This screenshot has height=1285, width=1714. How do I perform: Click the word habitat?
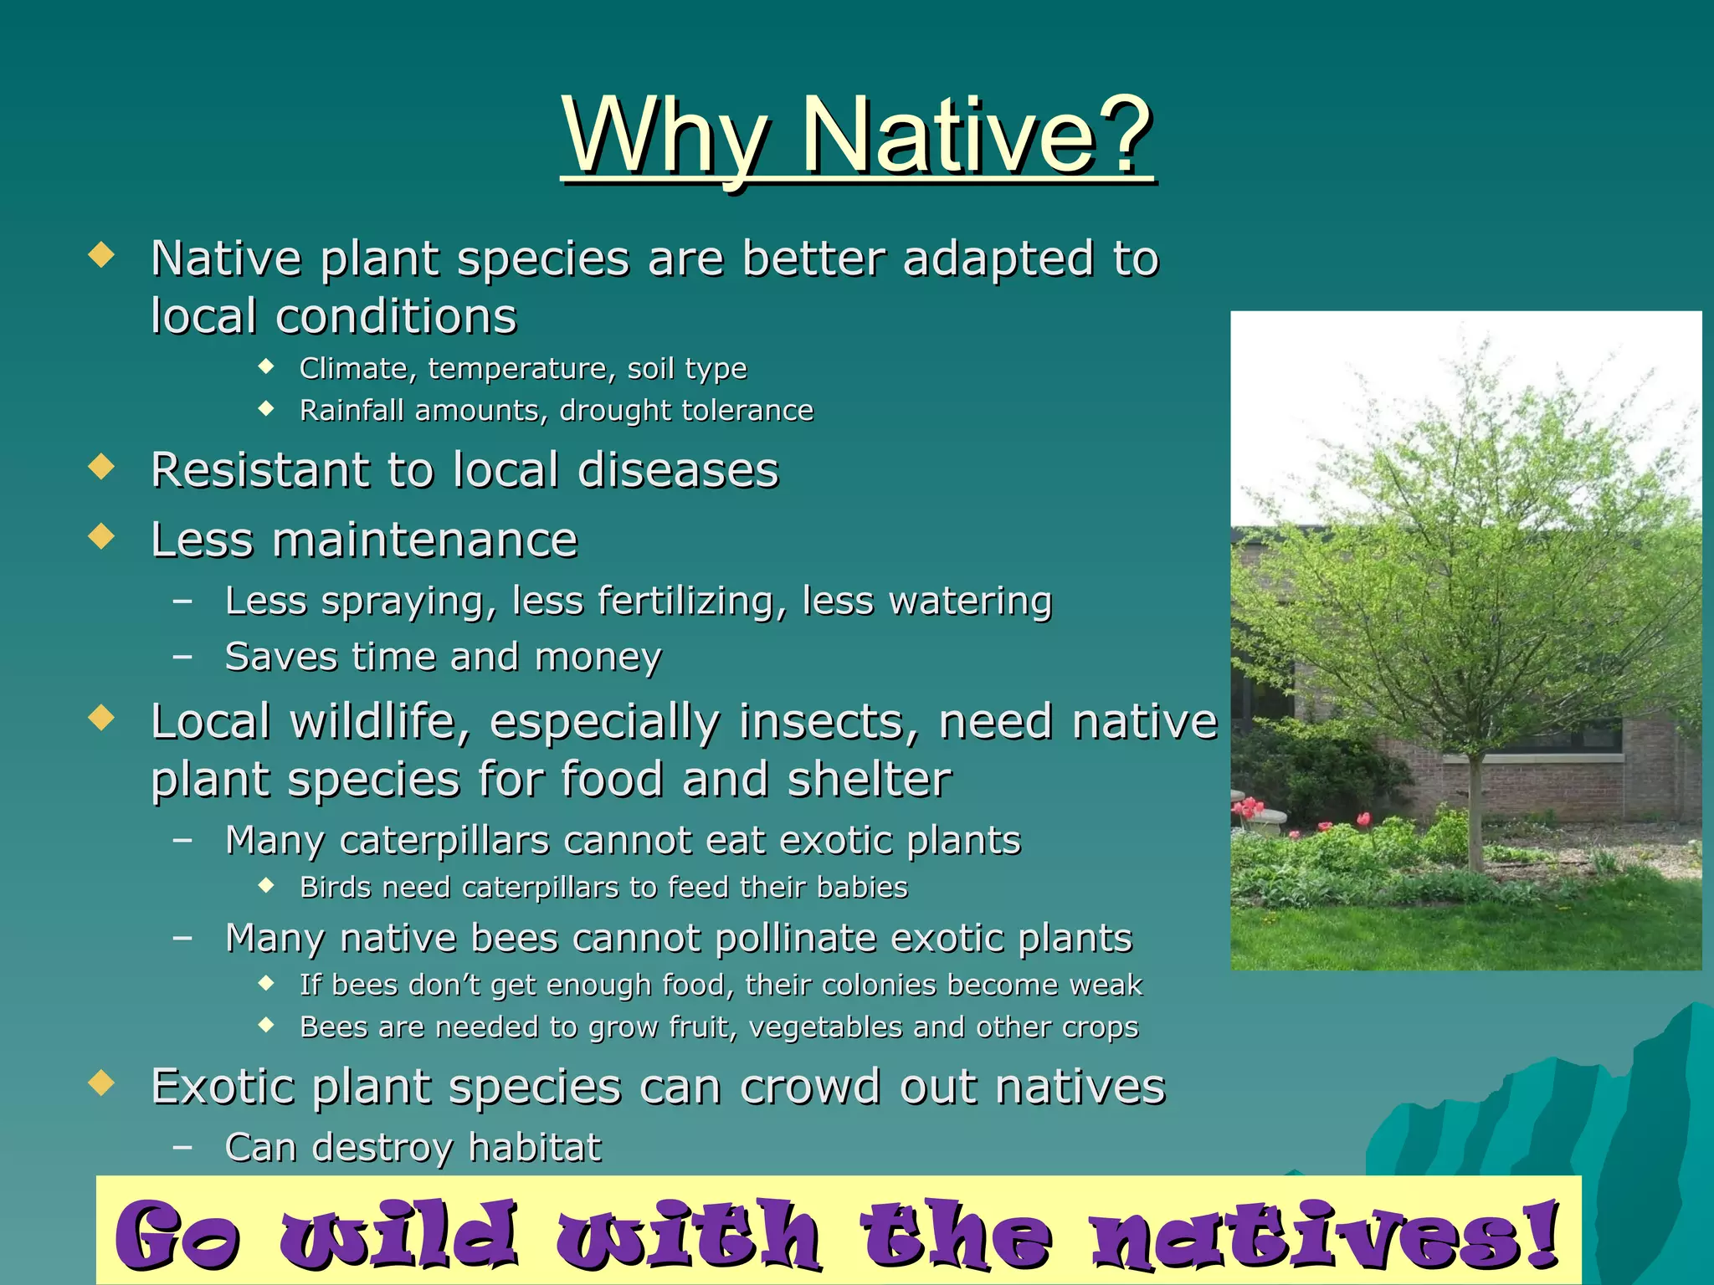534,1148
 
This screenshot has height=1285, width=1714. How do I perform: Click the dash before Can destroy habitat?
182,1148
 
